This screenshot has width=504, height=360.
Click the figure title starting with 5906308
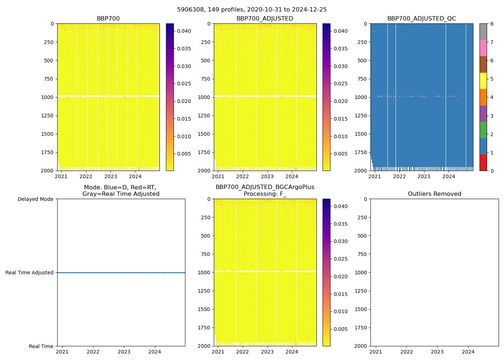252,10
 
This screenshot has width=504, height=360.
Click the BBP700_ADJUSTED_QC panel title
422,19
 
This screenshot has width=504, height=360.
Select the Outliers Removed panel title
434,194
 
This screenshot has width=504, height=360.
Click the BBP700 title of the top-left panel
108,19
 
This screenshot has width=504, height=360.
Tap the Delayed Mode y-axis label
35,199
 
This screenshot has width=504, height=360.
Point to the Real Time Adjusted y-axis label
30,273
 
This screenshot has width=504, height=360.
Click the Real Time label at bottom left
41,346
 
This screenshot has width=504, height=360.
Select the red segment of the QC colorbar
483,162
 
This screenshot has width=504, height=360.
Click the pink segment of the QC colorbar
483,48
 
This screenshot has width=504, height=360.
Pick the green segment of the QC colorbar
483,130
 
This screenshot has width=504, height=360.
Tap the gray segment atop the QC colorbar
483,32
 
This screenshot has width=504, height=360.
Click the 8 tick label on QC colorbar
492,24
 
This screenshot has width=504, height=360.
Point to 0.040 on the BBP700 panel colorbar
184,31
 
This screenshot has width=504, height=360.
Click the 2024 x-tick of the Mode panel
155,352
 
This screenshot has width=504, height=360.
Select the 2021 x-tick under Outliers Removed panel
376,352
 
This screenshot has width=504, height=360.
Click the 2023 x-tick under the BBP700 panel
111,176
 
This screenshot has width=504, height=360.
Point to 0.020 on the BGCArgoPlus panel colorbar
340,276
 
